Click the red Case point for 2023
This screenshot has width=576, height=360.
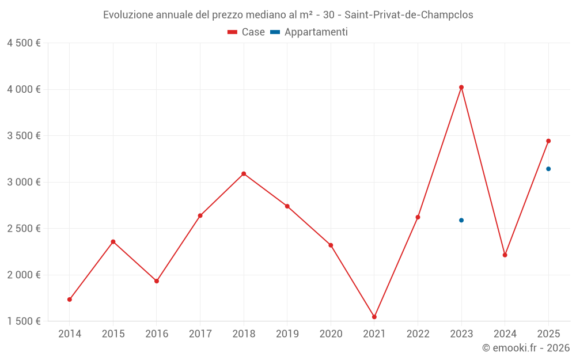[461, 87]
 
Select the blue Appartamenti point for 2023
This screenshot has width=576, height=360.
[461, 220]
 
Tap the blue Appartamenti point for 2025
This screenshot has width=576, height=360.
[548, 169]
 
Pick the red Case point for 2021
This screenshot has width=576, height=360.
[374, 317]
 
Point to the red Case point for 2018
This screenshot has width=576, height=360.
[244, 173]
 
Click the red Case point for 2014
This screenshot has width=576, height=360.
[70, 300]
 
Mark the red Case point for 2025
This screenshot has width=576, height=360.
[548, 141]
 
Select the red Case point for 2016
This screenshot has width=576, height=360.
[157, 281]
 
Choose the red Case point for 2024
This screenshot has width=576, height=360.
[505, 255]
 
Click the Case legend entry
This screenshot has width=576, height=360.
[247, 32]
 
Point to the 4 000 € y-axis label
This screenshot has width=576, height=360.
[24, 89]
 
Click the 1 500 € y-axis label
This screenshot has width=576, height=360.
[24, 321]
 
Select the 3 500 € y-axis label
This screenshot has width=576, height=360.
[24, 136]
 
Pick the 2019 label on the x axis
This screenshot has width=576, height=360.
[287, 334]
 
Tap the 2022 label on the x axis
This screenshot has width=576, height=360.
[418, 334]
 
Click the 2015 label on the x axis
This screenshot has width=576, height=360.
[113, 334]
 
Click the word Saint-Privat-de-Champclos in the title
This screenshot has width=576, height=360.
[408, 15]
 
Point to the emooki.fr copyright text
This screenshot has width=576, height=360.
[525, 348]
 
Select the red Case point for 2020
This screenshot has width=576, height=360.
[331, 245]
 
